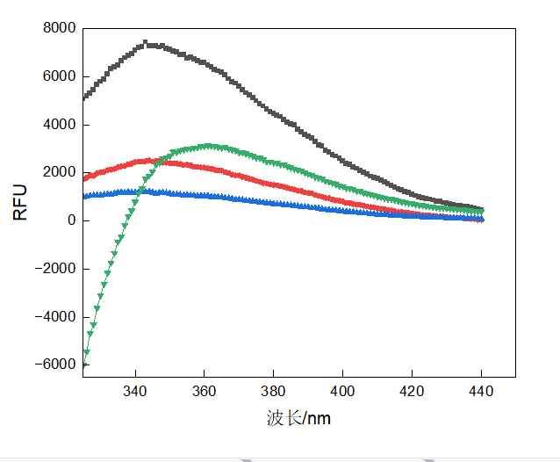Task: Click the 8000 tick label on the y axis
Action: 59,28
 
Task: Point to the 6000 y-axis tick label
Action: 59,76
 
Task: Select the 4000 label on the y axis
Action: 59,125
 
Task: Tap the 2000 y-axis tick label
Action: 59,172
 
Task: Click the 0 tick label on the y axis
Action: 72,220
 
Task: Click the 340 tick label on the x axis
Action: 135,391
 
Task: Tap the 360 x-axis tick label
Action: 205,391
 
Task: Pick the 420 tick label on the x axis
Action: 412,391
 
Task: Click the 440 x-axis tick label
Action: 481,391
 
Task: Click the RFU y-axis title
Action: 20,201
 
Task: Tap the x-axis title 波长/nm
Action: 298,418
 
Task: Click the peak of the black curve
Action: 146,42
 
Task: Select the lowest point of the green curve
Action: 84,363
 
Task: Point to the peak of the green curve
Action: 207,146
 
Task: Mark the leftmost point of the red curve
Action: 84,178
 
